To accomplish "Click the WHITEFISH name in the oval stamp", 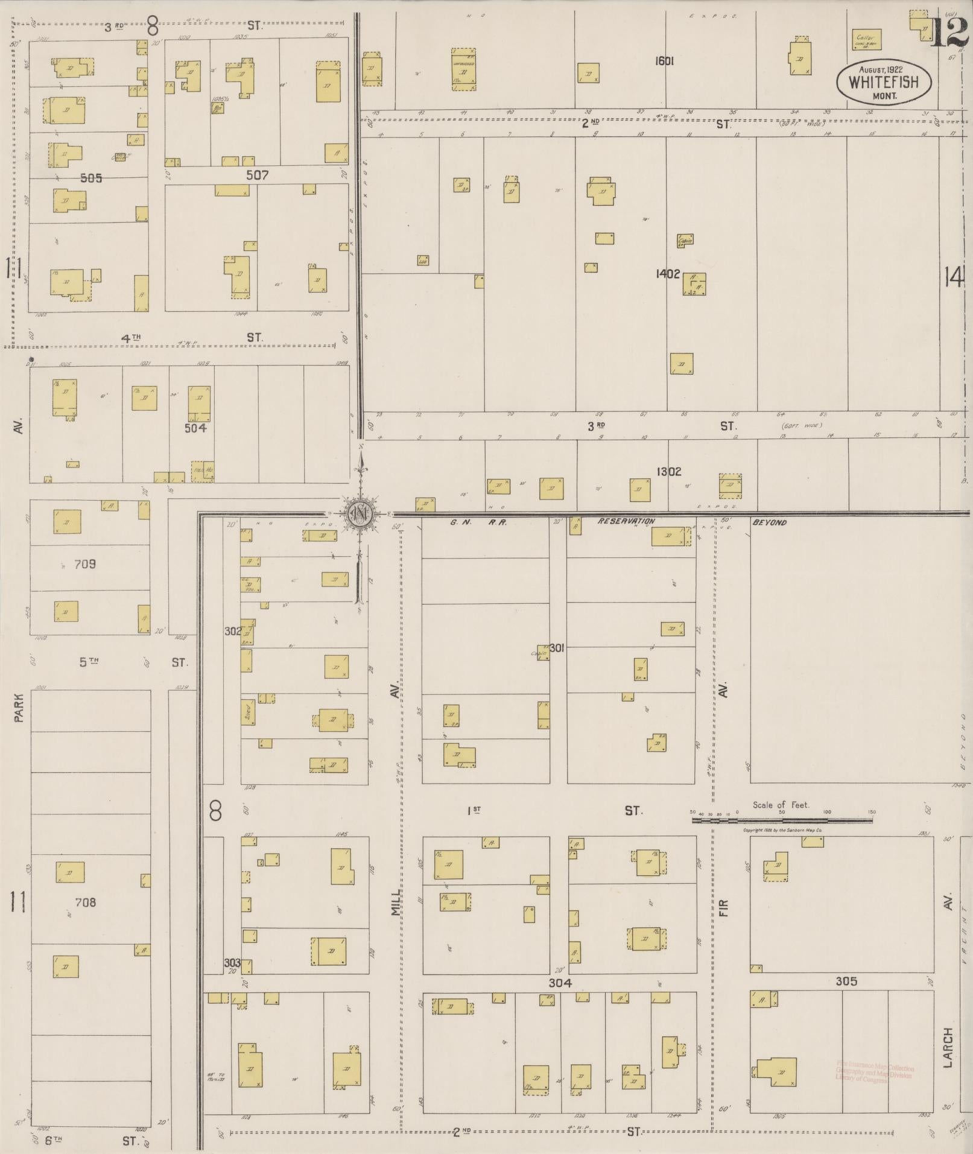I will (x=883, y=82).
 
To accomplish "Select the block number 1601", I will (x=664, y=61).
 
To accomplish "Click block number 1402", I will (x=668, y=274).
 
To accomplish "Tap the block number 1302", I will (x=670, y=472).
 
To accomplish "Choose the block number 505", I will (x=90, y=178).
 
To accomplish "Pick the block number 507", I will (x=257, y=176).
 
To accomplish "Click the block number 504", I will (x=195, y=428).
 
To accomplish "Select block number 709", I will (x=85, y=565).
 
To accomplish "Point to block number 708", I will (x=85, y=902).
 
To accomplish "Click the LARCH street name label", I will (x=948, y=1047).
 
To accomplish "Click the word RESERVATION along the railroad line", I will (x=626, y=521).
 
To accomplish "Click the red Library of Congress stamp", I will (x=874, y=1073).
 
